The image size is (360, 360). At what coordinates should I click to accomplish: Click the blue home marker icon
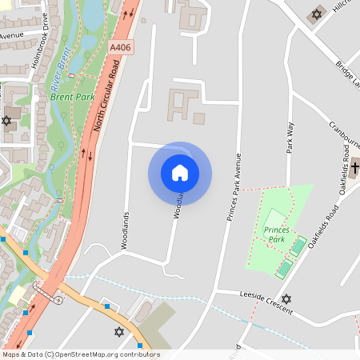180,173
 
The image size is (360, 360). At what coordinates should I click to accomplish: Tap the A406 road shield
120,48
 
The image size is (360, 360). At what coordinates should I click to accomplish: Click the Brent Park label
73,97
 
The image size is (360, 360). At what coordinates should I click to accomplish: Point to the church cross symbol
355,168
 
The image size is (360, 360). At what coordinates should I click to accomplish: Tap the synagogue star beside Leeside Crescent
286,298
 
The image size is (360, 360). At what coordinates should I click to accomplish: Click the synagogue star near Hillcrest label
315,14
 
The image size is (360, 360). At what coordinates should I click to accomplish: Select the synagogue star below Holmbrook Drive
7,120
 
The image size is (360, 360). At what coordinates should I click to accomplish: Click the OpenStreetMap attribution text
81,354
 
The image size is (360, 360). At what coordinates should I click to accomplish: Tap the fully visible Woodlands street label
125,231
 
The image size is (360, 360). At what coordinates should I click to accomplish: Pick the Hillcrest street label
346,6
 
